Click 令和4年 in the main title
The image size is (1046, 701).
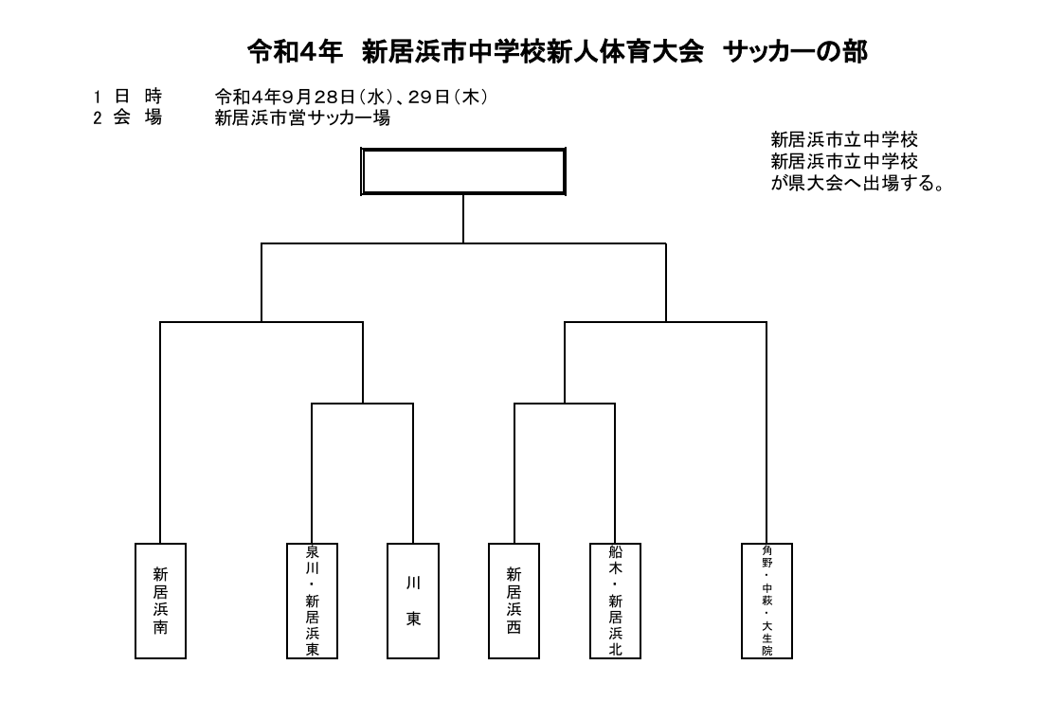(295, 52)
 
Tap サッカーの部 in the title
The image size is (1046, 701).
(795, 52)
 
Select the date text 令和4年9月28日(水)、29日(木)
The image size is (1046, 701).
(352, 98)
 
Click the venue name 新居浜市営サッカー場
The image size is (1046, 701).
(302, 118)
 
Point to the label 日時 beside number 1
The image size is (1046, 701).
(138, 98)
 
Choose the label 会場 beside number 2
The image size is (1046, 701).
(138, 118)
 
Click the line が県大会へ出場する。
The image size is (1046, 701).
(858, 183)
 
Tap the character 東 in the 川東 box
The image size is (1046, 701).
(414, 619)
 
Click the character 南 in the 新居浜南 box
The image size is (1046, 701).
(160, 628)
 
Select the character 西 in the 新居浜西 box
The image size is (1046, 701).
(514, 628)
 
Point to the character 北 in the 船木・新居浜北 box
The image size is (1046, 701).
(615, 649)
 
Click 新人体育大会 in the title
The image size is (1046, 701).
(625, 52)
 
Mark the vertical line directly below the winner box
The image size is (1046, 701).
(463, 219)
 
